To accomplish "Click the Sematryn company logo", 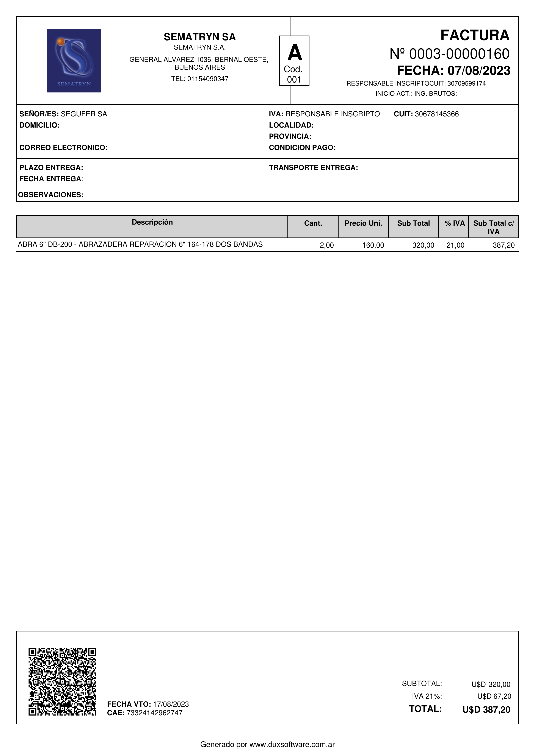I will (74, 61).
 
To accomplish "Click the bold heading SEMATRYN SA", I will (200, 37).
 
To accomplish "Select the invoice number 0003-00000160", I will (459, 54).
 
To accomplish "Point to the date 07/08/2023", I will (479, 71).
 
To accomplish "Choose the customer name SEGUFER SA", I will (84, 114).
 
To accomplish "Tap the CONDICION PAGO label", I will (302, 147).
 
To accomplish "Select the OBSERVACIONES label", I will (51, 195).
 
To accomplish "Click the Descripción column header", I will (152, 222).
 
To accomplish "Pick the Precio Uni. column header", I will (363, 223).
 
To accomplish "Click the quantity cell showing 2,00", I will (326, 245).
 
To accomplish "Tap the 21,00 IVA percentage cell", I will (455, 245).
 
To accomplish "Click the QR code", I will (62, 682).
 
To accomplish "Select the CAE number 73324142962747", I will (154, 713).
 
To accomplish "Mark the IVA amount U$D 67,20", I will (494, 696).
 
